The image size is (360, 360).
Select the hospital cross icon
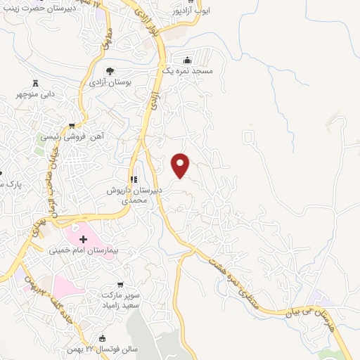[x=83, y=239]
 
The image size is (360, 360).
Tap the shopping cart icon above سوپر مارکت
[x=120, y=285]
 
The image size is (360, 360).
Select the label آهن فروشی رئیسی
[x=70, y=138]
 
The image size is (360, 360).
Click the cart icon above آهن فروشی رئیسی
[x=72, y=126]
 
